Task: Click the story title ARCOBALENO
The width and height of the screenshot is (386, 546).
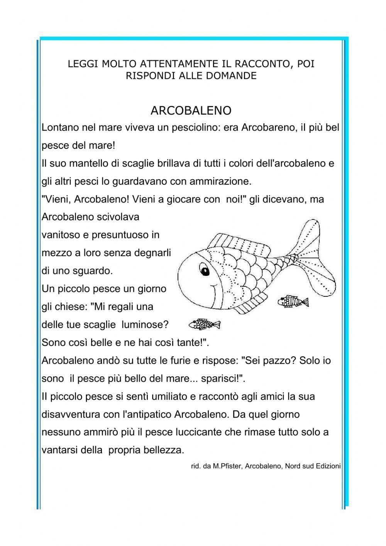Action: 191,111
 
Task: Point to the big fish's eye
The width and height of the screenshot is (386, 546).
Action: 204,269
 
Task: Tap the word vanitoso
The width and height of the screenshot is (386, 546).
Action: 58,235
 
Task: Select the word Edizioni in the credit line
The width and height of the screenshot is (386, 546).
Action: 328,466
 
